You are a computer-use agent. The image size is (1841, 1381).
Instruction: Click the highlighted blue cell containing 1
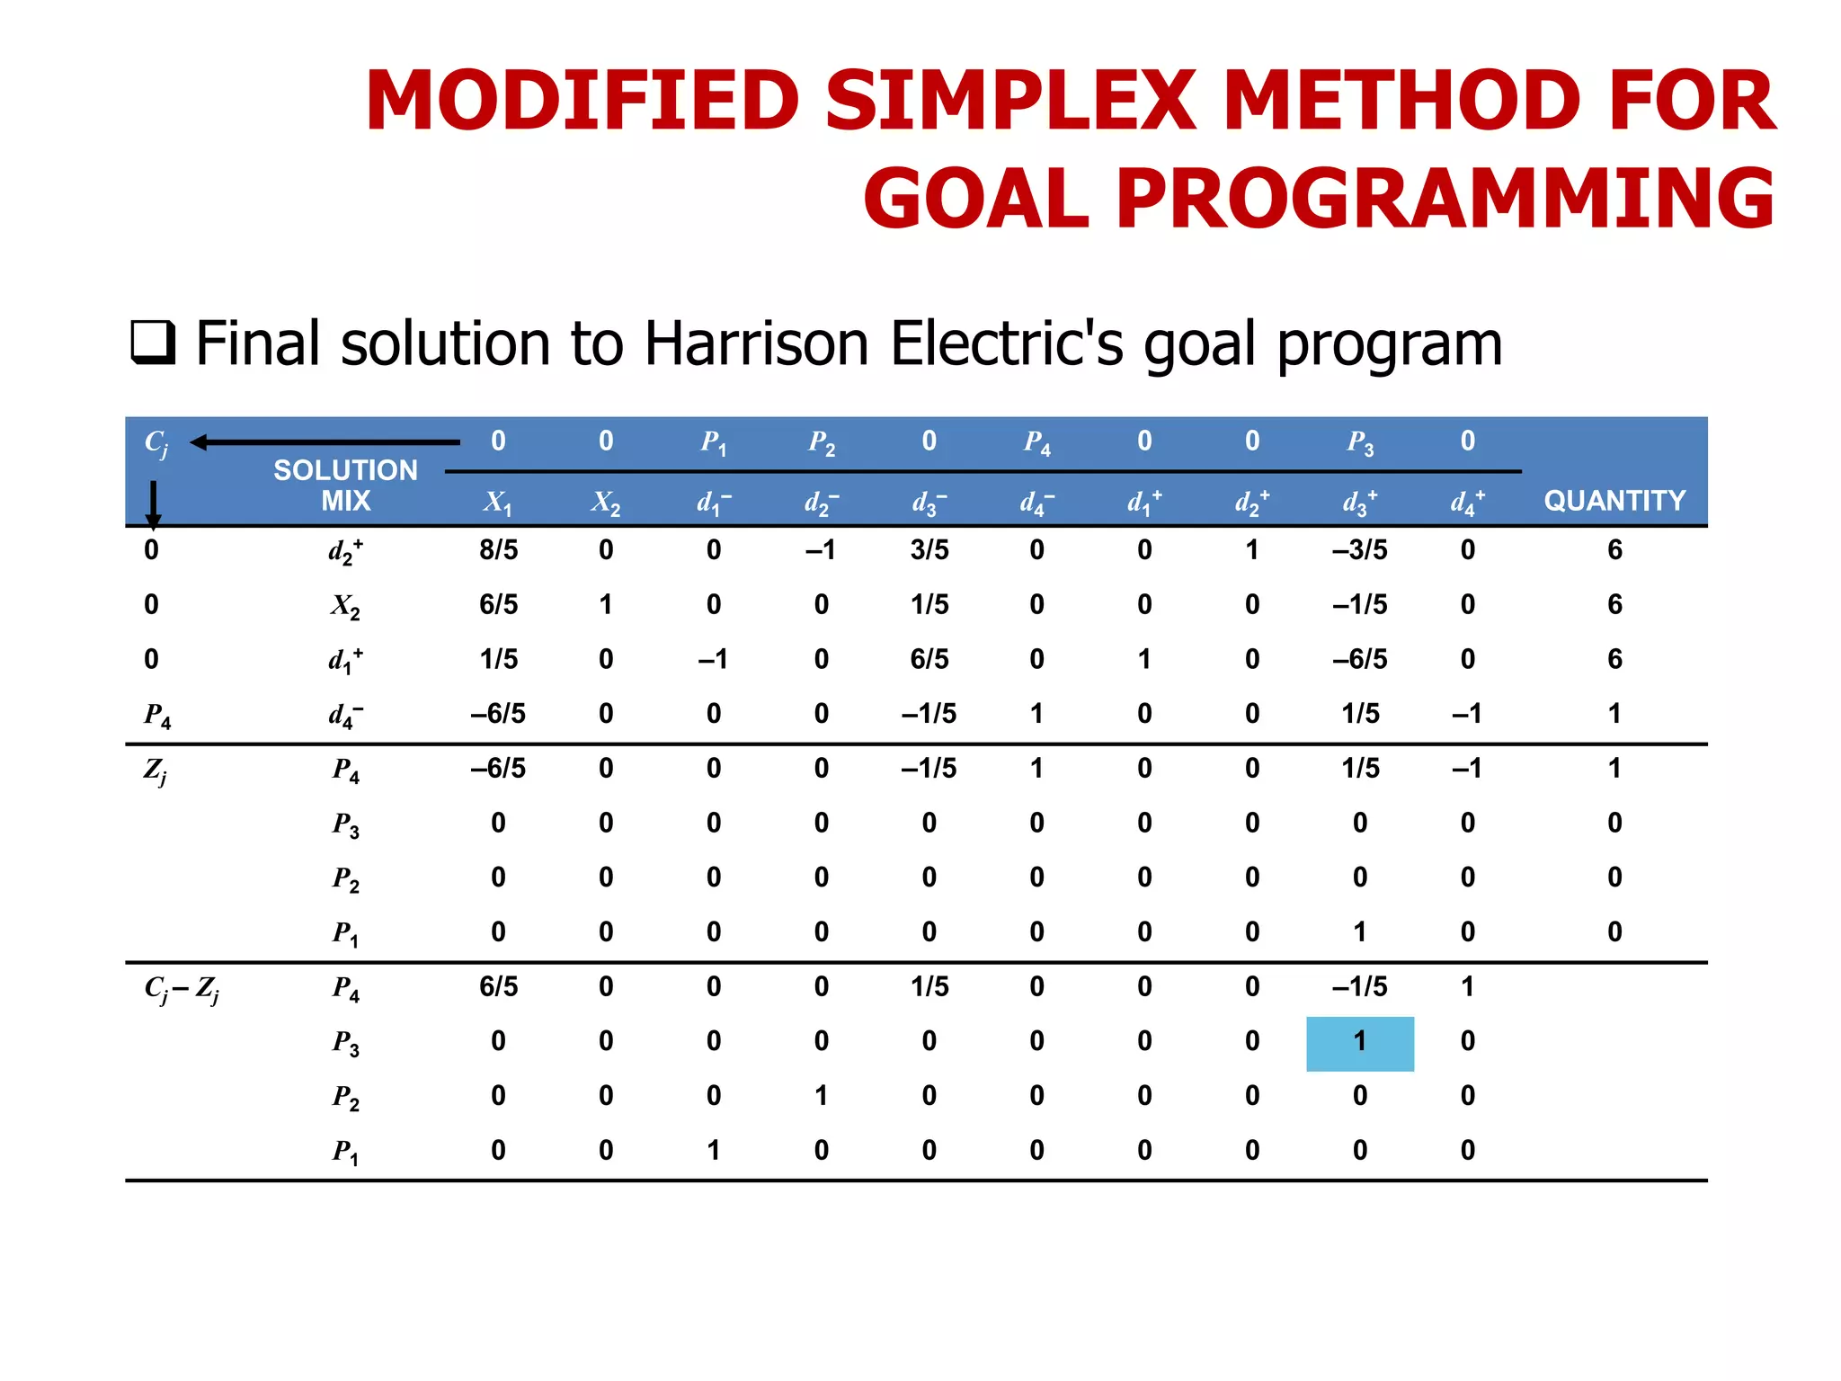click(1359, 1043)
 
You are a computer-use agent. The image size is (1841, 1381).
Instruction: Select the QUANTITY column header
click(1614, 501)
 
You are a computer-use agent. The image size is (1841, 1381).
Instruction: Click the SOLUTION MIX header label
click(345, 486)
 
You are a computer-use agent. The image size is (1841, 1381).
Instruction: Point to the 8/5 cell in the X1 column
click(498, 550)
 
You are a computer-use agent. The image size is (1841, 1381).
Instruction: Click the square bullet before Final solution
click(152, 343)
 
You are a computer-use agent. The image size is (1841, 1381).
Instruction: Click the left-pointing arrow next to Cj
click(324, 442)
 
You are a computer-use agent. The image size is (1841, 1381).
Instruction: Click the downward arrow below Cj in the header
click(153, 503)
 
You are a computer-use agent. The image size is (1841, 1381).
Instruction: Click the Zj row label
click(155, 771)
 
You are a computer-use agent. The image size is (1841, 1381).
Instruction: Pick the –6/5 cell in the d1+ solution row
click(1359, 659)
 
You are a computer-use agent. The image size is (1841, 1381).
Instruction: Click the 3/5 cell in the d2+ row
click(929, 550)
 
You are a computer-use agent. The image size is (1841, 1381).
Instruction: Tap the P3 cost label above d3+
click(1359, 442)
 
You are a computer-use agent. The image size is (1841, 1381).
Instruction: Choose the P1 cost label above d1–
click(713, 442)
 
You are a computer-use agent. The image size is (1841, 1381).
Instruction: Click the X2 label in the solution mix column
click(344, 606)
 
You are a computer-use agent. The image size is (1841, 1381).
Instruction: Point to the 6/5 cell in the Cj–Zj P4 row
click(498, 987)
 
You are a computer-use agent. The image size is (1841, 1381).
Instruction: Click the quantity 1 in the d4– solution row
click(1614, 714)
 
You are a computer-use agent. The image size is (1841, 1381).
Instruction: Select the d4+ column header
click(1467, 502)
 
